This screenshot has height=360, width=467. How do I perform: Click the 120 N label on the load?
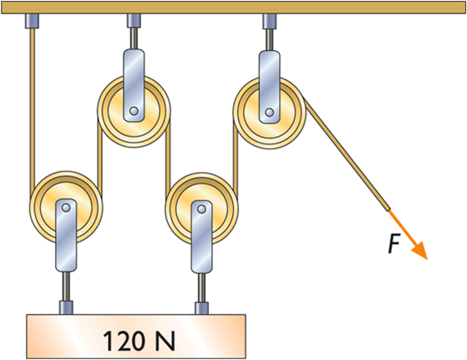click(x=138, y=340)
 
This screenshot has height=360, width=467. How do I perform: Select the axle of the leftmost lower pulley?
click(x=65, y=206)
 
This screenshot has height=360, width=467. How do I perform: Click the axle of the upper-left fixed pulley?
click(x=134, y=109)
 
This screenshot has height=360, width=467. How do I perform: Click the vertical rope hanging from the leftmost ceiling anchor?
click(x=33, y=109)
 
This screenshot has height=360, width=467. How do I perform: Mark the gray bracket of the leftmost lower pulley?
click(x=66, y=242)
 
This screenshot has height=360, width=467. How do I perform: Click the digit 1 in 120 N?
click(x=108, y=340)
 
